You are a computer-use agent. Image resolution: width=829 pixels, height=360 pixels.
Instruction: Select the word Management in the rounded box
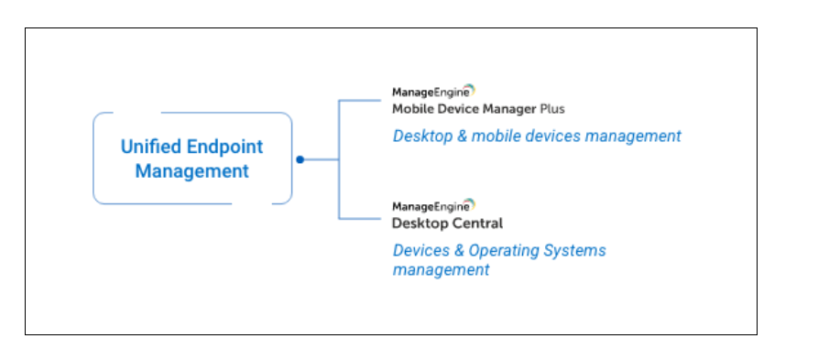tap(192, 171)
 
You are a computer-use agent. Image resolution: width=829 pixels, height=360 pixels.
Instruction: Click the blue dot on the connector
tap(300, 159)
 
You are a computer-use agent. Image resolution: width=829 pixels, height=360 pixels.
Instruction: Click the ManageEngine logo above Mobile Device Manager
tap(433, 92)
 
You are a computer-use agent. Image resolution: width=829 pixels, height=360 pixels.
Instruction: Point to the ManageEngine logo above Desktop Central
tap(433, 205)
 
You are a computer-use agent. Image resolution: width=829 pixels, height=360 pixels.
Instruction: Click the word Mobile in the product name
tap(409, 109)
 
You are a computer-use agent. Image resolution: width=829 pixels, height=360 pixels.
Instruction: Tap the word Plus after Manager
tap(552, 109)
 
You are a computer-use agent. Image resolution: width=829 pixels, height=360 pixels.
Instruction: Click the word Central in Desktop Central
tap(481, 224)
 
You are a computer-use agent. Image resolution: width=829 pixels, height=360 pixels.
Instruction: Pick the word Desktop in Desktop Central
tap(423, 224)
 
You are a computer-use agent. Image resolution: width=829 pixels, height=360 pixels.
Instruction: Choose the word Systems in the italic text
tap(576, 251)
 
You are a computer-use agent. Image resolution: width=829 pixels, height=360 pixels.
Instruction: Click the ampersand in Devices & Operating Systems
tap(459, 251)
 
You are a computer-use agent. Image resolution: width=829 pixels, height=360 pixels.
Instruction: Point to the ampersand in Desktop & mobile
tap(462, 136)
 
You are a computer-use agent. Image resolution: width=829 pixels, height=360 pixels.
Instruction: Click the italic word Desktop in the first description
tap(422, 136)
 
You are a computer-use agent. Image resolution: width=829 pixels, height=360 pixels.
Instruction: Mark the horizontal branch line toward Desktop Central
tap(359, 218)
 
